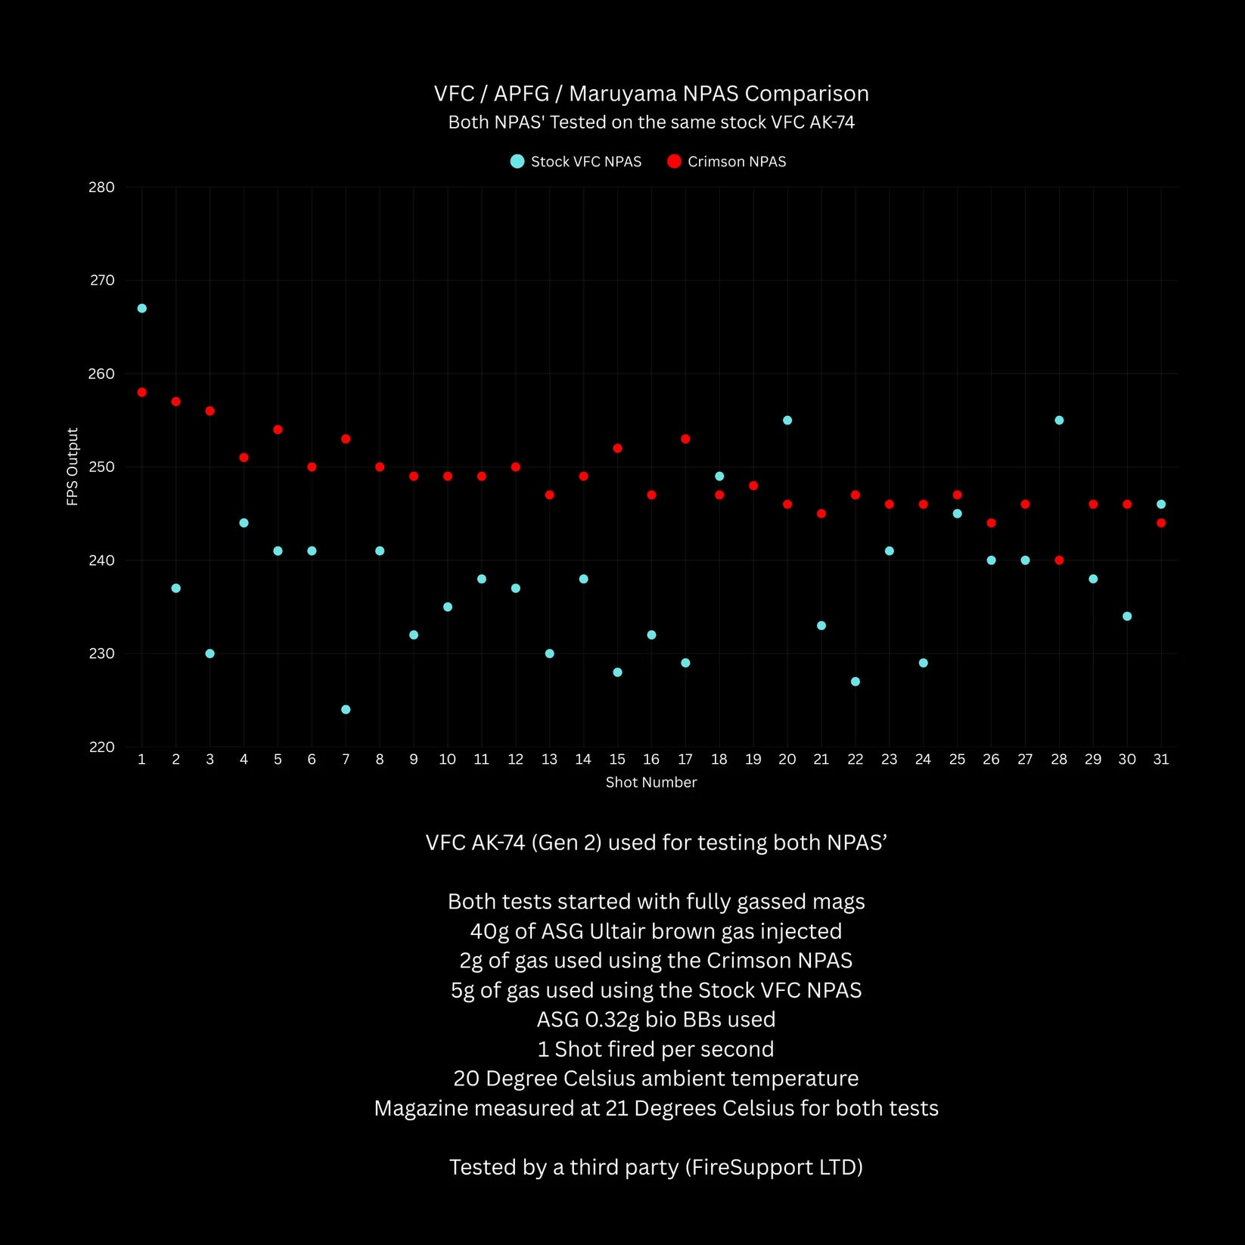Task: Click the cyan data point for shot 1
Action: click(141, 309)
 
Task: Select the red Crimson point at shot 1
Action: click(141, 393)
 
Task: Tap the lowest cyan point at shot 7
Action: click(346, 709)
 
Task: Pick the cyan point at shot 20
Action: click(787, 421)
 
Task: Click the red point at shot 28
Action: click(1059, 560)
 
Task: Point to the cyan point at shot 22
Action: click(855, 681)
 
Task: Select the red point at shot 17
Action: click(685, 439)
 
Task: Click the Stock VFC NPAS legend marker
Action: click(517, 161)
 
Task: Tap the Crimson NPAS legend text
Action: click(737, 162)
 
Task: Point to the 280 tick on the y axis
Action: click(101, 187)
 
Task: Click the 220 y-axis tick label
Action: click(101, 747)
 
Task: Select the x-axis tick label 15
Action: click(617, 759)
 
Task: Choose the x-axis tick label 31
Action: click(1161, 759)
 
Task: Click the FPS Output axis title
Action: click(73, 467)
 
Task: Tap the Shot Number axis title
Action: click(651, 782)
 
